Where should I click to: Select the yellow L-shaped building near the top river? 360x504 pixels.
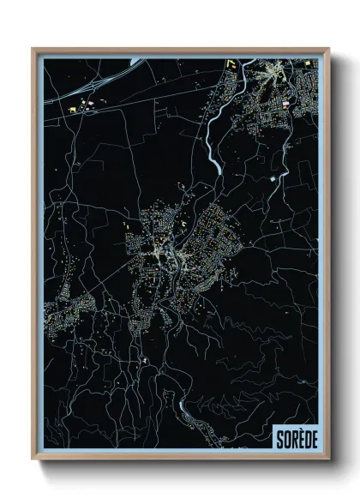point(231,63)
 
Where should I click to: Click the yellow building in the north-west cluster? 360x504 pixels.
point(71,110)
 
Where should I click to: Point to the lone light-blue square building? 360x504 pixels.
point(273,177)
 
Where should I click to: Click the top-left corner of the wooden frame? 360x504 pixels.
point(33,49)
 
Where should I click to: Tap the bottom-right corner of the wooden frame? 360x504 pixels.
point(328,460)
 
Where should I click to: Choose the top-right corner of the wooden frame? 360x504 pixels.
point(328,49)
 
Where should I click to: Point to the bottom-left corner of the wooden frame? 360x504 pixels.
point(33,460)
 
